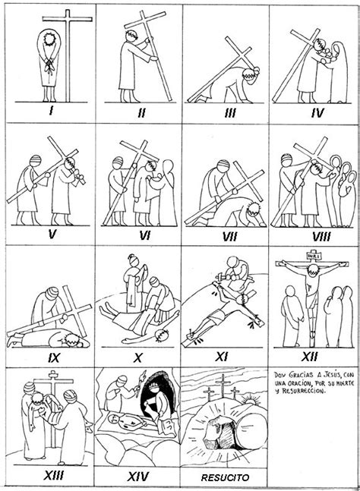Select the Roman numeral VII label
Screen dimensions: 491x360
tap(226, 235)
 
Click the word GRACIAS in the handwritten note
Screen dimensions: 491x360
tap(300, 375)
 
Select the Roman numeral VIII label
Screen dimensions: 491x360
tap(313, 235)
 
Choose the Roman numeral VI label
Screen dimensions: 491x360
tap(139, 235)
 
